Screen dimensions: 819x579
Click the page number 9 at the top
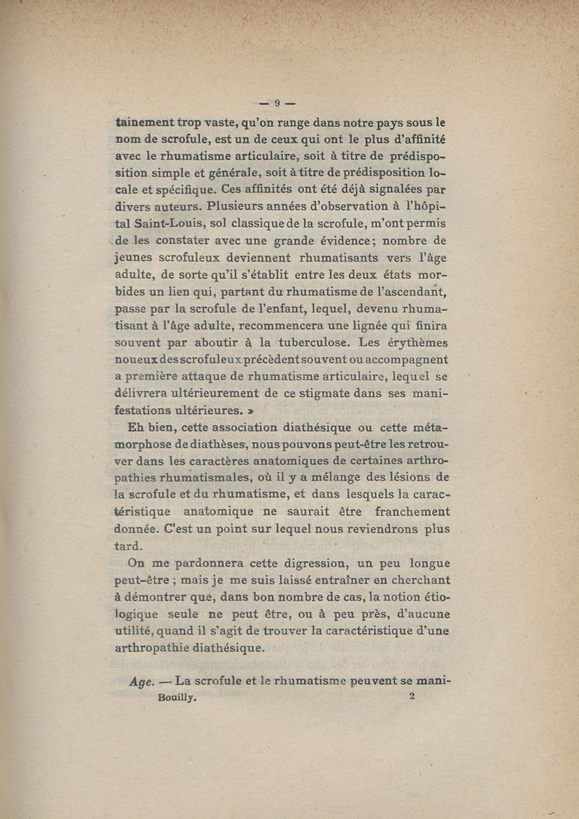pos(276,103)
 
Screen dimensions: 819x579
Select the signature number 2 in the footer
pos(411,696)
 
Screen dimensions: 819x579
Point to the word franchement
pos(409,511)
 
